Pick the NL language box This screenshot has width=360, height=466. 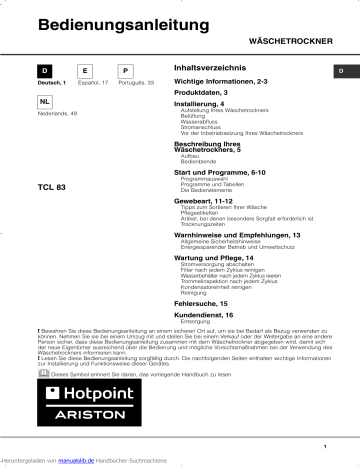pyautogui.click(x=45, y=103)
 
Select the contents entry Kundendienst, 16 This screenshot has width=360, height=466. pyautogui.click(x=203, y=314)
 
